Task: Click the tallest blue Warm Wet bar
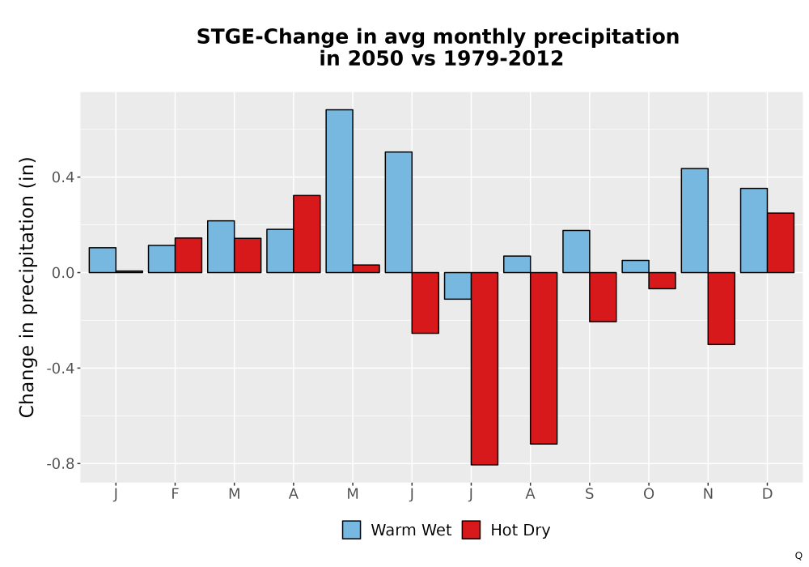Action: (x=340, y=191)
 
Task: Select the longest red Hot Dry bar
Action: (x=485, y=369)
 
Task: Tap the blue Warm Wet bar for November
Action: (x=694, y=220)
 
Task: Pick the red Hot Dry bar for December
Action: (x=781, y=243)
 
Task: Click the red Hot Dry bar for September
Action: (x=604, y=297)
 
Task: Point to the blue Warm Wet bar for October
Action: (x=636, y=266)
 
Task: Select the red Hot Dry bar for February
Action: (x=188, y=255)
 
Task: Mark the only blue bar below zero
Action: (x=458, y=286)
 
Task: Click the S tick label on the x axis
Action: (x=589, y=494)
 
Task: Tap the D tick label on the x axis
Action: (x=767, y=494)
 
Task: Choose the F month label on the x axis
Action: (x=175, y=494)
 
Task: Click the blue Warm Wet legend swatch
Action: (x=351, y=530)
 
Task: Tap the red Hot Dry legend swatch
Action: (x=471, y=530)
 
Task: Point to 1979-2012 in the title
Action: (x=503, y=58)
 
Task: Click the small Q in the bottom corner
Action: (x=798, y=556)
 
